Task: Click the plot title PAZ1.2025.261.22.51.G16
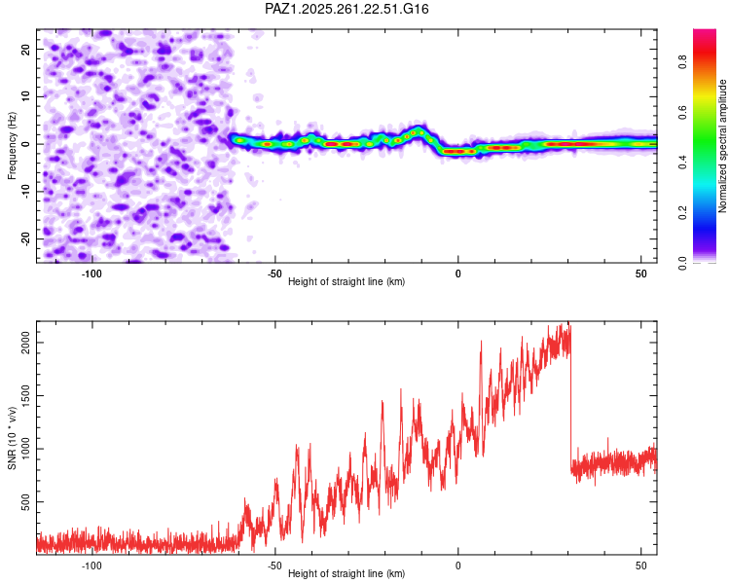point(347,9)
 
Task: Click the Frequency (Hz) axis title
point(12,146)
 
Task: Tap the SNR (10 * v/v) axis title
point(12,438)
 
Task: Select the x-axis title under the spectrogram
point(347,281)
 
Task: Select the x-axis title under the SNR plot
point(347,573)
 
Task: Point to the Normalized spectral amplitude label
point(722,146)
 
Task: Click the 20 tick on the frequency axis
point(25,49)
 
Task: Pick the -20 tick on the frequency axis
point(25,238)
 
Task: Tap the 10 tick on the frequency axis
point(25,96)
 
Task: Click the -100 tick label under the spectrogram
point(91,274)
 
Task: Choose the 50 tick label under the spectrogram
point(641,274)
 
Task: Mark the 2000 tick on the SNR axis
point(25,343)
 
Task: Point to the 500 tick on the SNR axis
point(25,501)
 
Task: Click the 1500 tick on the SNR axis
point(25,395)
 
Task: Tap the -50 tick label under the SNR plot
point(274,566)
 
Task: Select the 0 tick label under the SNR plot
point(458,566)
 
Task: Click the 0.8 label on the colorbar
point(682,62)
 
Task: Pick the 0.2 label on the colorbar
point(682,212)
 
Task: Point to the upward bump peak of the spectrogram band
point(419,129)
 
